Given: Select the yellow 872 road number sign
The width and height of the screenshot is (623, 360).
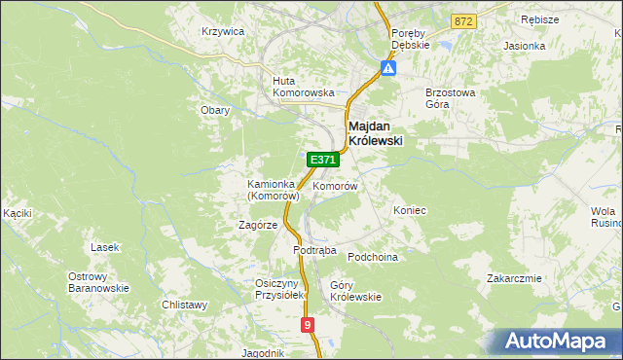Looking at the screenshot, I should [x=463, y=20].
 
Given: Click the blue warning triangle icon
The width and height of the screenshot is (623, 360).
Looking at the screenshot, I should [x=388, y=69].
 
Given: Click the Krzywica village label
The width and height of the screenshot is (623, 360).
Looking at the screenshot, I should [x=223, y=31].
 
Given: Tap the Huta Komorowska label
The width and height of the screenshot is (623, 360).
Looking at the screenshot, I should [x=304, y=87].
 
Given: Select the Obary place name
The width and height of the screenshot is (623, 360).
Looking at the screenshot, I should [x=215, y=110].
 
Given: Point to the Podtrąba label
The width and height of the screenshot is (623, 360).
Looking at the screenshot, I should [x=314, y=250].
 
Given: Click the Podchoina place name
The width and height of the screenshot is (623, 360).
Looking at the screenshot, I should [x=374, y=256].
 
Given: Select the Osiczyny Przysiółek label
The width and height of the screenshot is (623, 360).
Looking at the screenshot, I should [x=280, y=288].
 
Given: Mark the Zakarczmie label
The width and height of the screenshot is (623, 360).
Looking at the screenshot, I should [x=514, y=278].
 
